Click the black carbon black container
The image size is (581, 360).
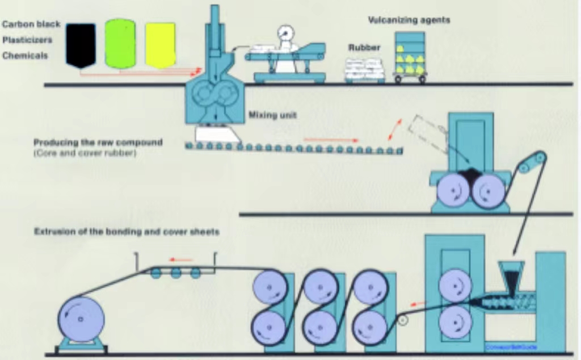[81, 45]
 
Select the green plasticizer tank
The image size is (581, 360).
[120, 44]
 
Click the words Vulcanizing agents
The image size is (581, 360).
[409, 20]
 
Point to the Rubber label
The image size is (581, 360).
[364, 48]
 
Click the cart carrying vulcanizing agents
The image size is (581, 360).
[410, 57]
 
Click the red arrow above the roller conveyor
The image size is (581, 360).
[330, 139]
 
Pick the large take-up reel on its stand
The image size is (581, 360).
[82, 319]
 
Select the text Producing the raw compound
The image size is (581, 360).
[98, 143]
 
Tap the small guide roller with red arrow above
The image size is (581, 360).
[403, 320]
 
